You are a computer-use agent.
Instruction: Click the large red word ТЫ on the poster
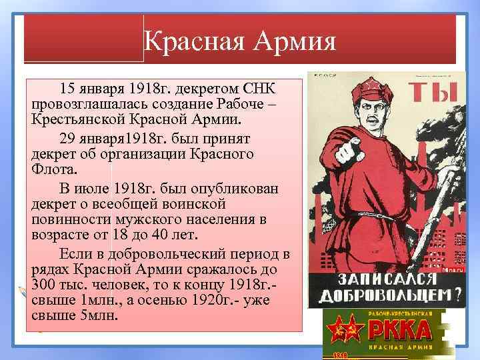(x=433, y=95)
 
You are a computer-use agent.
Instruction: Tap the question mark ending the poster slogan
(x=458, y=298)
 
